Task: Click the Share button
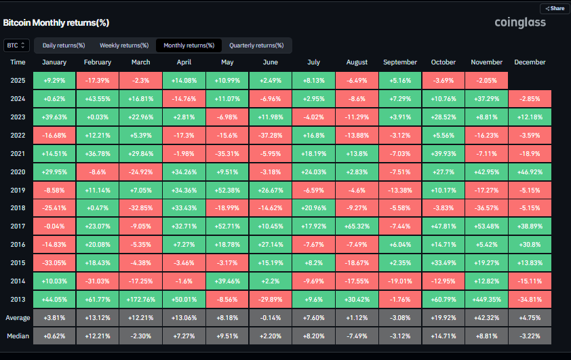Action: coord(554,9)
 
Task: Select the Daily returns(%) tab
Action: coord(64,45)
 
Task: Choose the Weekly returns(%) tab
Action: coord(124,45)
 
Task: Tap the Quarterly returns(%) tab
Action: coord(256,45)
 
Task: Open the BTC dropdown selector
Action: coord(16,45)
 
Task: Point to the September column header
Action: coord(400,62)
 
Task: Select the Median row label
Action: coord(18,335)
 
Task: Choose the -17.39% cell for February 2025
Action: coord(98,80)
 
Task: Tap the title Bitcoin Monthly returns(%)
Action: coord(56,22)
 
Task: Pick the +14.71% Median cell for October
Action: coord(444,335)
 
